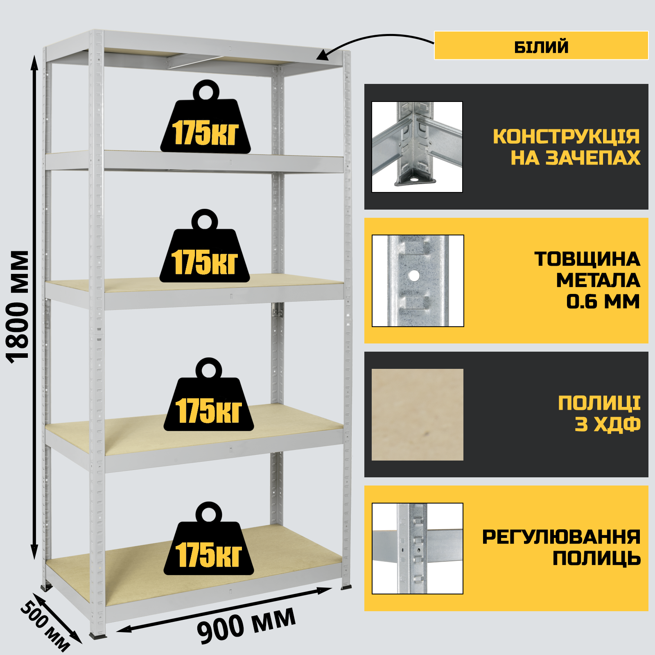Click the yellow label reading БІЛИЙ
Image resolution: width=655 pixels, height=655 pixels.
click(x=541, y=45)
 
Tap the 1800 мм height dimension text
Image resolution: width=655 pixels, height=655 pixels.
click(x=18, y=307)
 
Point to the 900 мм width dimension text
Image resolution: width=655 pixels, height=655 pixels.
click(x=246, y=624)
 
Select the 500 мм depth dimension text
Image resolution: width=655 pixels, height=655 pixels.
click(x=45, y=626)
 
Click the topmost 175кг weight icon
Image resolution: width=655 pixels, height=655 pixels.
click(x=206, y=117)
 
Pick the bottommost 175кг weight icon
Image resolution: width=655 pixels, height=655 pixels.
click(x=209, y=538)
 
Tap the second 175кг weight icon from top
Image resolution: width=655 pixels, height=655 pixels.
click(x=205, y=246)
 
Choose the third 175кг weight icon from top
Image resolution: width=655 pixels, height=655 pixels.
click(x=209, y=394)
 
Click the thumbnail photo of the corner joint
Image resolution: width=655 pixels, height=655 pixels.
click(x=417, y=147)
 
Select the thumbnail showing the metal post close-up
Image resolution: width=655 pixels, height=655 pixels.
click(x=418, y=281)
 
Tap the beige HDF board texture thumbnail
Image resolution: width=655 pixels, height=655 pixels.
click(x=418, y=415)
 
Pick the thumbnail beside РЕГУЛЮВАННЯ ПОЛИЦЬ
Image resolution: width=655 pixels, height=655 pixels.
click(x=418, y=549)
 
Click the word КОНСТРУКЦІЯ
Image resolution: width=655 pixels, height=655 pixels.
click(x=566, y=136)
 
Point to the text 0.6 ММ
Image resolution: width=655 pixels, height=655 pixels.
click(x=603, y=302)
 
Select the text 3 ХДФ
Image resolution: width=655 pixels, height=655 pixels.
click(x=608, y=425)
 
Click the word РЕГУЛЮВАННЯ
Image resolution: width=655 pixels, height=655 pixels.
click(x=561, y=537)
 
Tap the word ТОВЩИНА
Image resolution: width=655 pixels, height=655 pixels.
click(x=587, y=259)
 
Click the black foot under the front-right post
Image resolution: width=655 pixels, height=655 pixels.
click(x=346, y=587)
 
